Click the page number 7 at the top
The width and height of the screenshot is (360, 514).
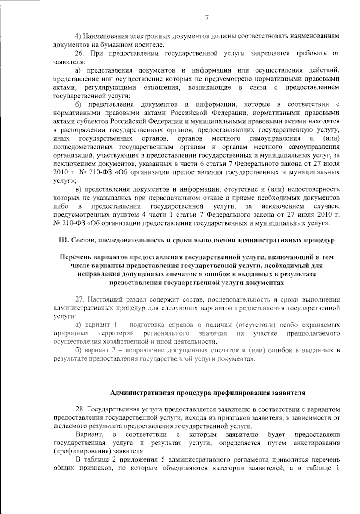pyautogui.click(x=207, y=18)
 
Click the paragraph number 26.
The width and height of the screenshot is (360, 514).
pyautogui.click(x=80, y=54)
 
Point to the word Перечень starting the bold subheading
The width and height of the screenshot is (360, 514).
pyautogui.click(x=75, y=257)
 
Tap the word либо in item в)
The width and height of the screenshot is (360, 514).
pyautogui.click(x=61, y=206)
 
